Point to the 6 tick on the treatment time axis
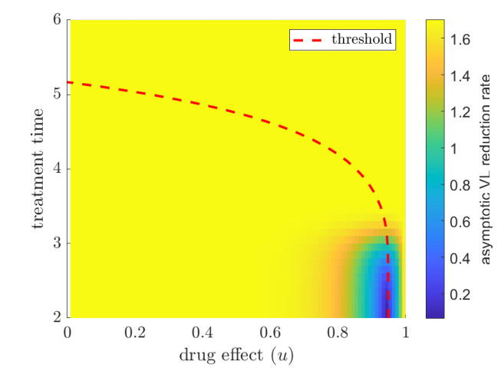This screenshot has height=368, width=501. (57, 20)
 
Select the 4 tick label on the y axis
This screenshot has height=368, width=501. (57, 169)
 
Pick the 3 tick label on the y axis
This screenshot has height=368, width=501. (57, 244)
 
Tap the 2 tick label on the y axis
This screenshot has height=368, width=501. (57, 317)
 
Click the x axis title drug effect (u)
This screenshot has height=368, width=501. (236, 355)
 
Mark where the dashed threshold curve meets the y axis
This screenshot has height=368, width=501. (68, 83)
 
